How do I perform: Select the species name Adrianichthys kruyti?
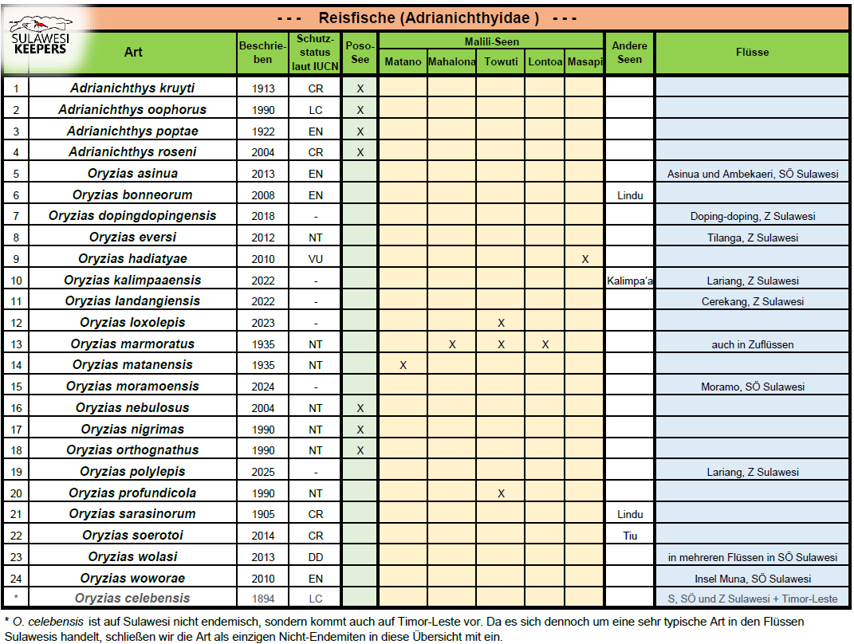tap(132, 88)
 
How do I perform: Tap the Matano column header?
tap(403, 62)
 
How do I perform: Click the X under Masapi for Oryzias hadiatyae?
tap(585, 259)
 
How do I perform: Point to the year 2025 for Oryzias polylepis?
tap(262, 472)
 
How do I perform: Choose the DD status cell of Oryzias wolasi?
tap(316, 557)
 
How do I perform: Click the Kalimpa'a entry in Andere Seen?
tap(630, 281)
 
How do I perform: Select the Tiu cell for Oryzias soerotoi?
tap(629, 536)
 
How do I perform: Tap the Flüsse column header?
tap(753, 52)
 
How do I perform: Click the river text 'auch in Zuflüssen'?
tap(753, 344)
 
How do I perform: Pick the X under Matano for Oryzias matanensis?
tap(403, 365)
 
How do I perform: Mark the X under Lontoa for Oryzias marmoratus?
tap(545, 344)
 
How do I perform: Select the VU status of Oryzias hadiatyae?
tap(316, 259)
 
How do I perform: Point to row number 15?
tap(15, 387)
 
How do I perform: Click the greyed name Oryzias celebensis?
tap(132, 599)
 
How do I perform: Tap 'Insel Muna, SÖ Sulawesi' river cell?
tap(753, 579)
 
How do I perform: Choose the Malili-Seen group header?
tap(491, 41)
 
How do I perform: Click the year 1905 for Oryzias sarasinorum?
tap(262, 514)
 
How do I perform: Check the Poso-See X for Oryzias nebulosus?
tap(360, 408)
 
